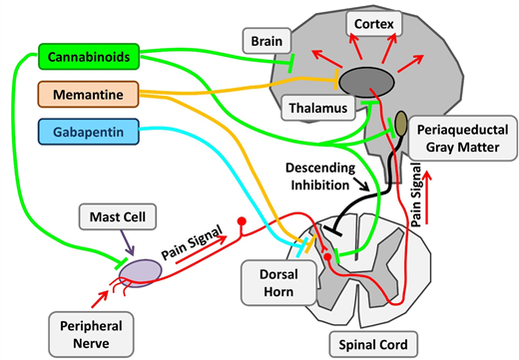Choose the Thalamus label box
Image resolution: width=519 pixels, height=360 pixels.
317,105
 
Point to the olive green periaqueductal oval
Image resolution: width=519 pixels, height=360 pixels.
400,124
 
